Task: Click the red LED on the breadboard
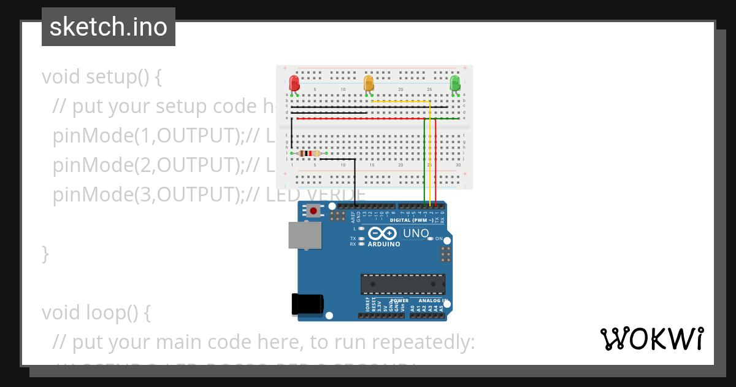294,84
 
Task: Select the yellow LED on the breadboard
369,84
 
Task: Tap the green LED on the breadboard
454,84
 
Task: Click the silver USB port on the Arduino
305,235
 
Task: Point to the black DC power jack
307,304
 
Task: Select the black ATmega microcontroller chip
403,284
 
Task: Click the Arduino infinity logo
383,233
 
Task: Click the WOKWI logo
651,338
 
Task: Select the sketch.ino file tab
109,27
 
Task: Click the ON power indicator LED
431,238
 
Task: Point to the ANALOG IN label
433,301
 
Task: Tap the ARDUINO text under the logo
383,244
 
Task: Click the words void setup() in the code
101,77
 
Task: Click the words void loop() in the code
96,313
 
